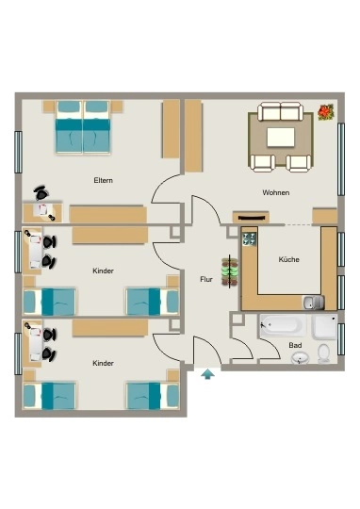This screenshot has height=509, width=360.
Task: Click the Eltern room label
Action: (104, 180)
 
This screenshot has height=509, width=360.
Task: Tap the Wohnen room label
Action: (275, 192)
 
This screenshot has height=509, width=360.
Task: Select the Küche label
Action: (288, 259)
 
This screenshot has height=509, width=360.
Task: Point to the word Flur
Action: (206, 279)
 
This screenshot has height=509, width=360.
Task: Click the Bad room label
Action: (295, 345)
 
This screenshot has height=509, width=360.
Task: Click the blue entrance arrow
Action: (207, 374)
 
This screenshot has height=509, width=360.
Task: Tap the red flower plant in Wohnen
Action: (326, 112)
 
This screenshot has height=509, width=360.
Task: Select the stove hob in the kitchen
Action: (250, 238)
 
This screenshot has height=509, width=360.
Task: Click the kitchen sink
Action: (313, 303)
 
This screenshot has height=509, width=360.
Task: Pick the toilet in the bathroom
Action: (323, 353)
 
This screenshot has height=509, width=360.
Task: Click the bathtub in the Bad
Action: (283, 324)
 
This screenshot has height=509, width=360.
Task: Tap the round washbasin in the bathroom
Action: (300, 358)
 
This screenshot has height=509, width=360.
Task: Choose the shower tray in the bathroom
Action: (324, 326)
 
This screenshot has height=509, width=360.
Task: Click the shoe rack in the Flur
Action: (230, 271)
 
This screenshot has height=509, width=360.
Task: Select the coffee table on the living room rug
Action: (281, 137)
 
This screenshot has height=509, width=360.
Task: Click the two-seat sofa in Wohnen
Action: (281, 111)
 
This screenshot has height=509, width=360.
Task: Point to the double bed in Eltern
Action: (83, 127)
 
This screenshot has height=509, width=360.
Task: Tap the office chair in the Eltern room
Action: (41, 193)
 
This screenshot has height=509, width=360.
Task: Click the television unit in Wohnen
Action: (251, 217)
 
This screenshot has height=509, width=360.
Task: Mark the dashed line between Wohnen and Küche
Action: (299, 224)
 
